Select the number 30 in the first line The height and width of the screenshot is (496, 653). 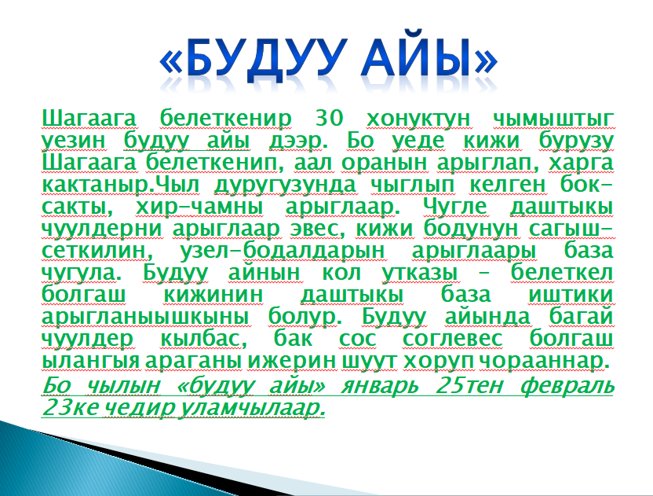click(x=330, y=118)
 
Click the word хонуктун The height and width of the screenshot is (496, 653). click(x=418, y=119)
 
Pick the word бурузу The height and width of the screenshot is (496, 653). click(x=576, y=141)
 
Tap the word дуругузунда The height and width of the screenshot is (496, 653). click(x=285, y=186)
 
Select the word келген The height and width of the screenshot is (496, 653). click(x=507, y=185)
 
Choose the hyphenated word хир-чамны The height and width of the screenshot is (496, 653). click(x=199, y=208)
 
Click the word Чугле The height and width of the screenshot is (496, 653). click(x=454, y=207)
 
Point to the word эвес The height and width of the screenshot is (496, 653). click(x=317, y=229)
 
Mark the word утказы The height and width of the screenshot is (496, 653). click(x=419, y=273)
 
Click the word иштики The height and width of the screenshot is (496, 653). click(x=571, y=295)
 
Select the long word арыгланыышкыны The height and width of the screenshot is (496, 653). click(x=145, y=317)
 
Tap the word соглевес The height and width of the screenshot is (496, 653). click(x=453, y=338)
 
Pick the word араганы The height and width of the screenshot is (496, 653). click(x=193, y=360)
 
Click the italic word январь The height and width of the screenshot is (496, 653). click(x=380, y=386)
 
